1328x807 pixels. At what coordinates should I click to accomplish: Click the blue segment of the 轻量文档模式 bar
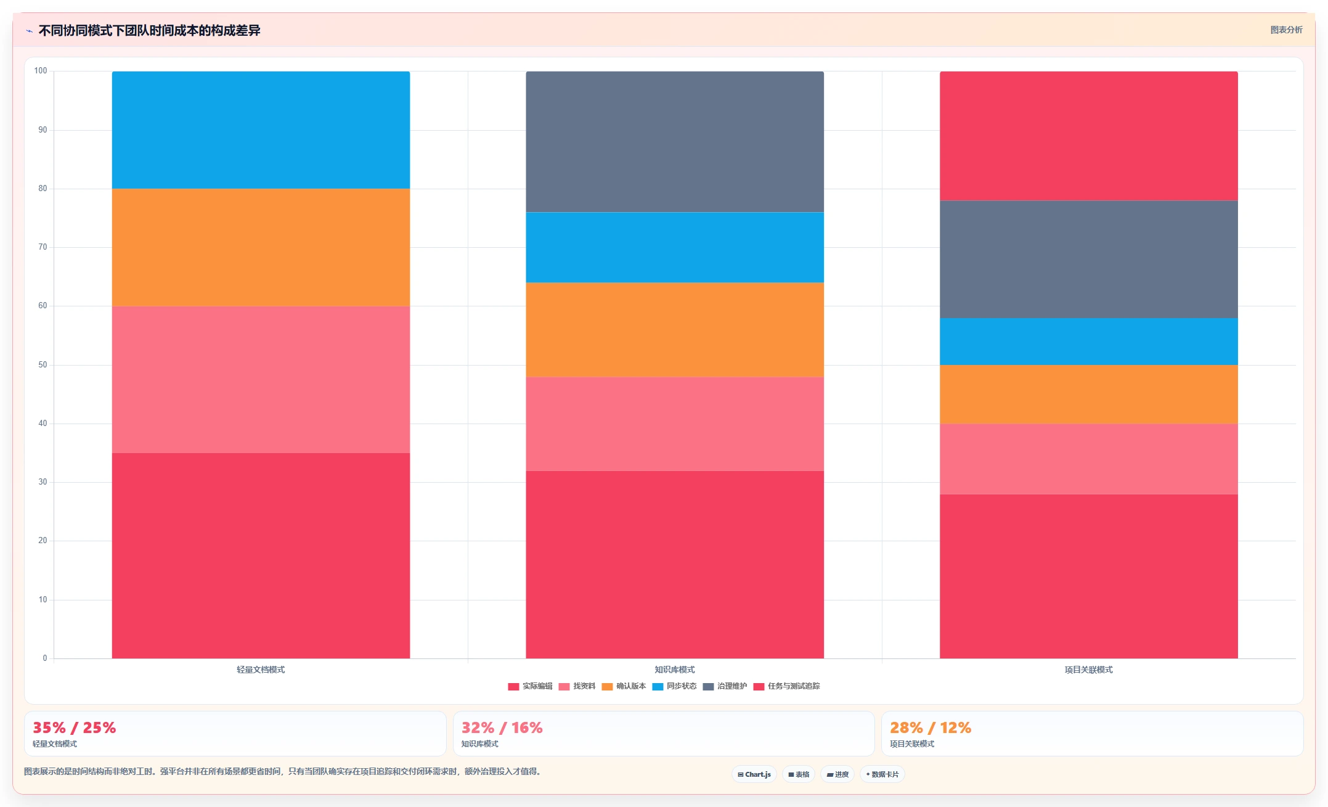tap(261, 130)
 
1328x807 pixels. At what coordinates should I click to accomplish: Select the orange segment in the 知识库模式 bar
tap(675, 330)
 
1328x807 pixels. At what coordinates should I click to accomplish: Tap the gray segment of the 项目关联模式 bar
tap(1089, 260)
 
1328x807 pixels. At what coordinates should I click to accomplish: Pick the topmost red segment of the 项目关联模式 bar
tap(1089, 136)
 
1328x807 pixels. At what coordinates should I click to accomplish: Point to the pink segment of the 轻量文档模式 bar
tap(261, 380)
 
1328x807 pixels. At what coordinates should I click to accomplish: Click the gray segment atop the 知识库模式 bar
tap(675, 142)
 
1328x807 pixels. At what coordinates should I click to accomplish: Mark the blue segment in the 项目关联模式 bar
tap(1089, 342)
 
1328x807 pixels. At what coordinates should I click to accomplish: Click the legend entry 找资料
tap(577, 686)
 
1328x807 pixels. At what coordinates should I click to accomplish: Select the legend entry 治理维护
tap(725, 686)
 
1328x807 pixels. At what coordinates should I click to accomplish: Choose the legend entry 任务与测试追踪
tap(786, 686)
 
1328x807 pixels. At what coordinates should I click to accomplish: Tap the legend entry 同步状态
tap(674, 686)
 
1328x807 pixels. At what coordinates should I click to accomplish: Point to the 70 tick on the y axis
tap(43, 247)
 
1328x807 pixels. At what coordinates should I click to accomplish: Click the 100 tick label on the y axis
tap(41, 71)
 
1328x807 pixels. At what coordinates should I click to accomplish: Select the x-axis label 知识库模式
tap(675, 670)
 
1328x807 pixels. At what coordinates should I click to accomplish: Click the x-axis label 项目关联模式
tap(1089, 670)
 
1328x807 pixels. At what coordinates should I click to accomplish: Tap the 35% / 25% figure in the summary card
tap(74, 727)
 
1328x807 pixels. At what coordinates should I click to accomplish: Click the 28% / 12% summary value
tap(931, 727)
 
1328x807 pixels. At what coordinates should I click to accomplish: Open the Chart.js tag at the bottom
tap(754, 774)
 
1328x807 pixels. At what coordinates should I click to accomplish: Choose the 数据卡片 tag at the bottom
tap(882, 774)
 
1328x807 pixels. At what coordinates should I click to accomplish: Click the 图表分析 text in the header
tap(1287, 30)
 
